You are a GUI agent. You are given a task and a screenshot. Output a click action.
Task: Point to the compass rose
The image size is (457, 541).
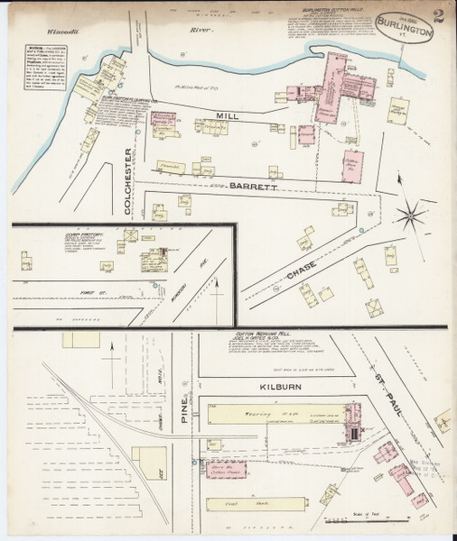pos(412,215)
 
